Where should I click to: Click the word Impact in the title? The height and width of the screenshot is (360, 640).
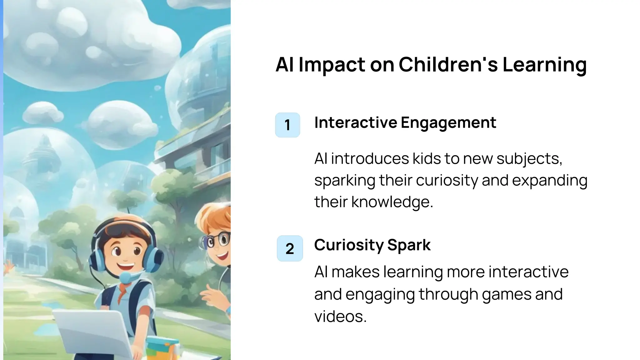coord(331,65)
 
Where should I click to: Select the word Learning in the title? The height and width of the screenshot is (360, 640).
coord(544,65)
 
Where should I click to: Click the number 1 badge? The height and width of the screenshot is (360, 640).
coord(287,125)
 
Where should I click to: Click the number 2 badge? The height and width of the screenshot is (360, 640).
coord(290,248)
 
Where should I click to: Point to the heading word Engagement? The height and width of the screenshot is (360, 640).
coord(448,123)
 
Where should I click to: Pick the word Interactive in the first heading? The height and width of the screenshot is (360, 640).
coord(356,122)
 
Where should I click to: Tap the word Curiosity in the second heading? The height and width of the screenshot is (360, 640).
coord(348,245)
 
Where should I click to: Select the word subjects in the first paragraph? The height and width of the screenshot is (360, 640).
coord(529,159)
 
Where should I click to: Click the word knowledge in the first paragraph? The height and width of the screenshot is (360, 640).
coord(392,202)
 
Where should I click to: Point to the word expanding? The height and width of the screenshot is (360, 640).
coord(550,181)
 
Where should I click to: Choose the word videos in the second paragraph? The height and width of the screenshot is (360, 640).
coord(340,316)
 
